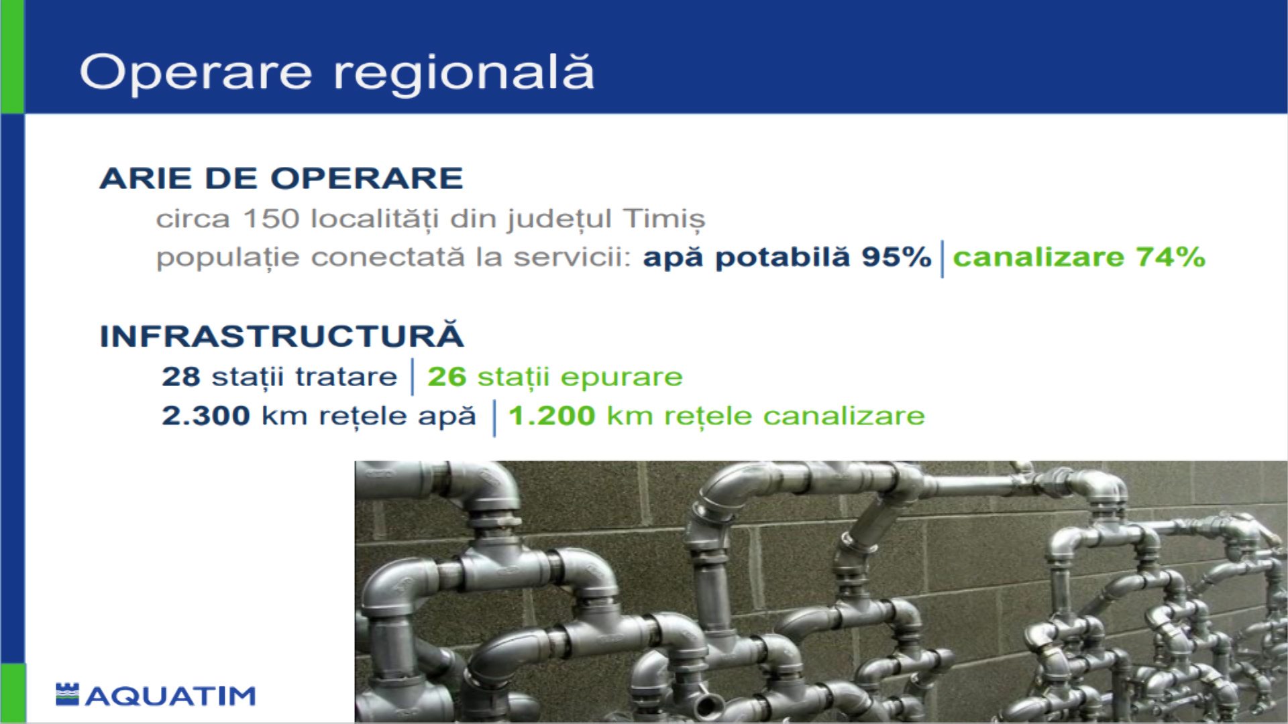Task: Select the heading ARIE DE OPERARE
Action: point(282,178)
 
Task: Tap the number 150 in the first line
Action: point(271,219)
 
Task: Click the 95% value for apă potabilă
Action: point(897,257)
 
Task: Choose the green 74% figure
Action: point(1171,257)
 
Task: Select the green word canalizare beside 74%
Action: point(1038,257)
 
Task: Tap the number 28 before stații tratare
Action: point(181,377)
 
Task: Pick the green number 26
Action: point(447,377)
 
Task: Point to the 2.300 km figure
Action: point(235,416)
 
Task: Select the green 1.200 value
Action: point(552,416)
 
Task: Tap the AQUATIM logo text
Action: point(171,697)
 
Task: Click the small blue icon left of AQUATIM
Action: point(67,695)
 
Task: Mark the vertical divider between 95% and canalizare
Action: point(943,259)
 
